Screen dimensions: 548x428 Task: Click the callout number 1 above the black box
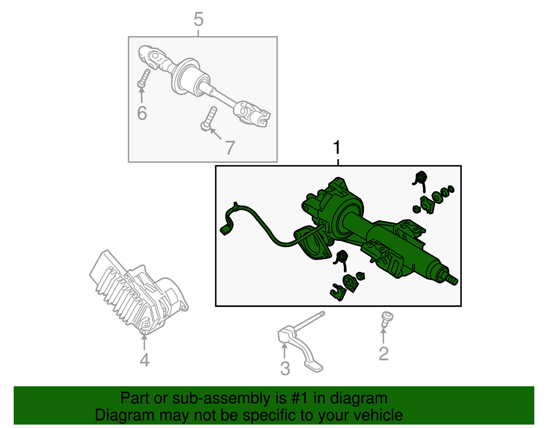tap(337, 148)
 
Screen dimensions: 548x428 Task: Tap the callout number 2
tap(384, 354)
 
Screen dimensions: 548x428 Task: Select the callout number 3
tap(285, 368)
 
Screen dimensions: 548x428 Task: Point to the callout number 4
tap(145, 360)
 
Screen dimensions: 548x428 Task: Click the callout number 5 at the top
tap(198, 19)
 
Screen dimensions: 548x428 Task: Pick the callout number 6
tap(142, 113)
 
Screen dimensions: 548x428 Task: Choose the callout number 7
tap(230, 148)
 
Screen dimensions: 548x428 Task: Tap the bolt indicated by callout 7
tap(209, 119)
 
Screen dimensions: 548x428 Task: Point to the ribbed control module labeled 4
tap(138, 292)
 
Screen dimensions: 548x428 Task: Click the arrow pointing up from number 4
tap(144, 342)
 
